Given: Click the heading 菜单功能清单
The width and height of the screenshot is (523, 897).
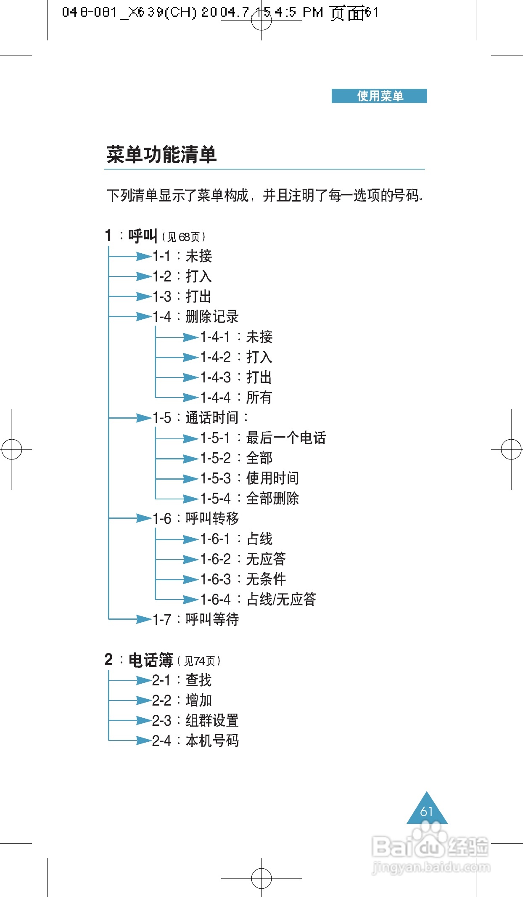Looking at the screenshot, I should click(161, 154).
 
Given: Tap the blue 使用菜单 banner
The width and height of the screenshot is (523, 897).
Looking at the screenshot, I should click(379, 96).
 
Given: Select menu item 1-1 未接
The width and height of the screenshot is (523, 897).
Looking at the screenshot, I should click(182, 256).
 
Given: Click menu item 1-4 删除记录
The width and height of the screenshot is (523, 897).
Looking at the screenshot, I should click(196, 316).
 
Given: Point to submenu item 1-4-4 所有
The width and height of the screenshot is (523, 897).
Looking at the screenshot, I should click(236, 397).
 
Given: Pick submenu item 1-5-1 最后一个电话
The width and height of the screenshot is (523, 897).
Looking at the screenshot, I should click(263, 438).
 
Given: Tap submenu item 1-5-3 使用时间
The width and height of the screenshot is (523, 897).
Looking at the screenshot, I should click(250, 478).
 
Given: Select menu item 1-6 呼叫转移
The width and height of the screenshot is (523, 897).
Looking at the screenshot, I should click(196, 518).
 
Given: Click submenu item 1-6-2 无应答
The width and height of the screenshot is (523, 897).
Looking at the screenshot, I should click(243, 559).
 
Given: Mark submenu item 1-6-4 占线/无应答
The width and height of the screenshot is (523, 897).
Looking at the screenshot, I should click(258, 599).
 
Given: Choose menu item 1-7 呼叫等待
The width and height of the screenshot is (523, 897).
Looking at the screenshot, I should click(196, 619).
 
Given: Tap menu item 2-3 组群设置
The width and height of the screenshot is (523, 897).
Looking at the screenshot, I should click(196, 720).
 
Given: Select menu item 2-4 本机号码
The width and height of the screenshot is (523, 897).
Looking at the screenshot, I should click(196, 740).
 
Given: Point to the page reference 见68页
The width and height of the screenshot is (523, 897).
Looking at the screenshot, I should click(184, 237).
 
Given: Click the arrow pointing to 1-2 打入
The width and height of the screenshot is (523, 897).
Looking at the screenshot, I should click(143, 276).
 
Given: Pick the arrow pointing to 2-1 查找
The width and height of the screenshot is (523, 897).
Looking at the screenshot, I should click(143, 680).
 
